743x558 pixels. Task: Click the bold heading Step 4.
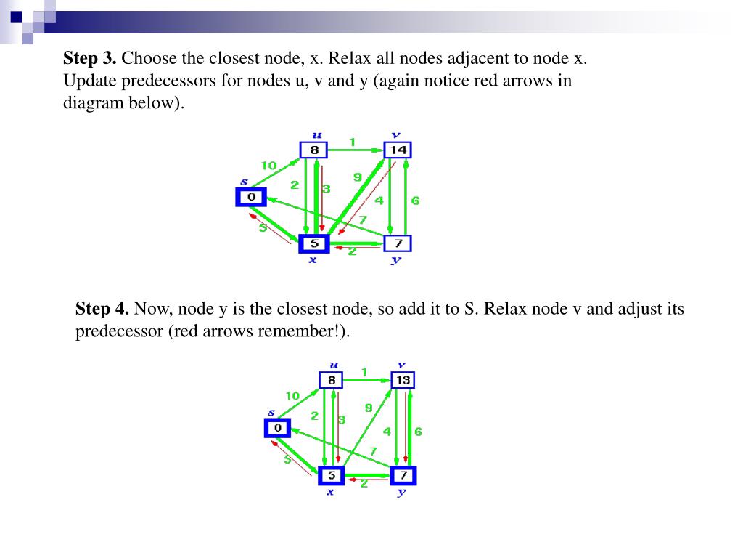[x=102, y=309]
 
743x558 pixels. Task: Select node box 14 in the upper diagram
[x=398, y=150]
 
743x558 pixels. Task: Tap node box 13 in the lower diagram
[x=403, y=380]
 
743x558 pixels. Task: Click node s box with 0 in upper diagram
[x=251, y=197]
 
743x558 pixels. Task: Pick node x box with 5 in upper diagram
[x=313, y=243]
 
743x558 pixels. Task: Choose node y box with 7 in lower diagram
[x=403, y=476]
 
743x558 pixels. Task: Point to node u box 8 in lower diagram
[x=331, y=380]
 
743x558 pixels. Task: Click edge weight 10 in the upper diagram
[x=268, y=166]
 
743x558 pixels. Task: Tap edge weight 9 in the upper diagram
[x=357, y=177]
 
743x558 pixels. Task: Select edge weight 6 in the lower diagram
[x=419, y=432]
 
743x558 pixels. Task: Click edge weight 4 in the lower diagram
[x=387, y=432]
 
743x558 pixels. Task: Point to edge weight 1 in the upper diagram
[x=352, y=142]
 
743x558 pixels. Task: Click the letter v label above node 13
[x=401, y=365]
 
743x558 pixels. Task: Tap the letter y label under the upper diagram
[x=395, y=260]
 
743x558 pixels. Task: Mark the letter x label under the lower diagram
[x=330, y=492]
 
